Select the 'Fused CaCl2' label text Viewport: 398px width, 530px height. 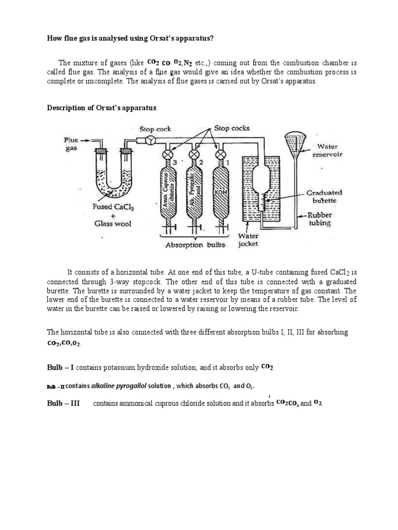(x=112, y=206)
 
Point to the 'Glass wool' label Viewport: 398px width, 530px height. (x=112, y=224)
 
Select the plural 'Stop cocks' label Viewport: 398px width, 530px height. (x=231, y=127)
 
